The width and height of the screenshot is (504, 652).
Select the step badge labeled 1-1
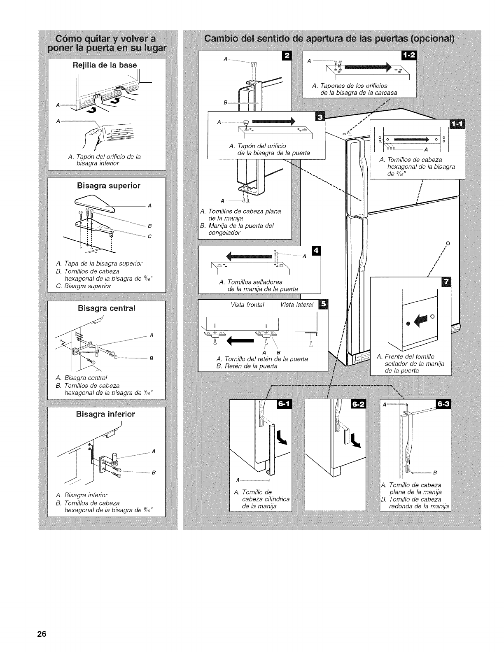457,124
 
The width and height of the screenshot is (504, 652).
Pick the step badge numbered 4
316,251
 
